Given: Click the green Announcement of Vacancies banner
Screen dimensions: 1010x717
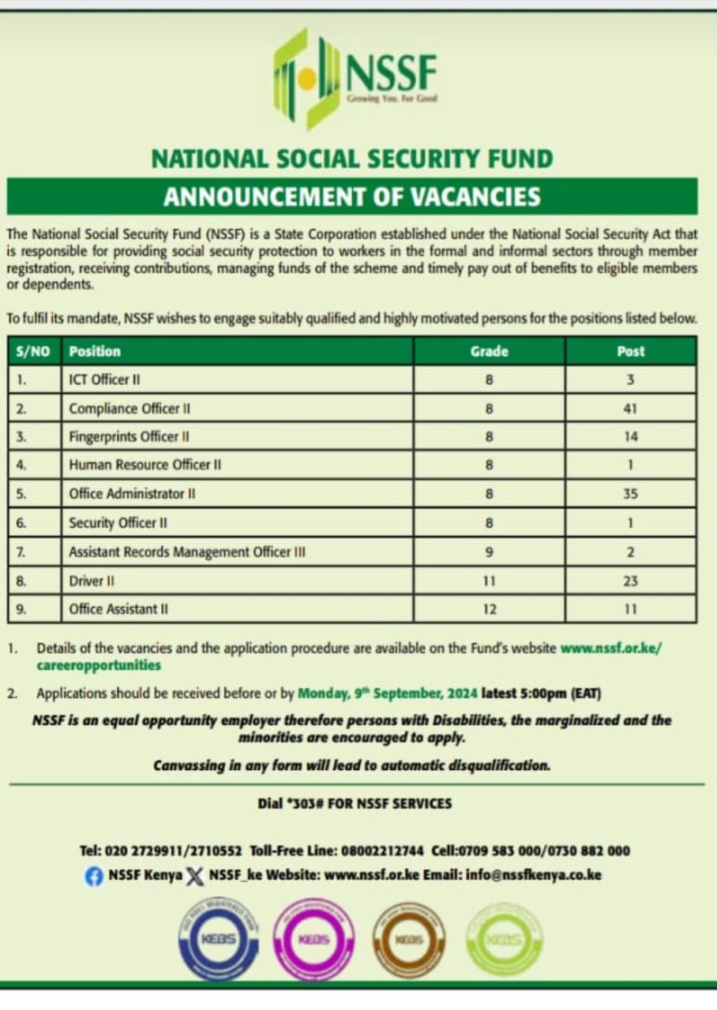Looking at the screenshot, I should tap(352, 196).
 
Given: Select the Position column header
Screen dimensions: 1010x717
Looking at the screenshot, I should tap(95, 351).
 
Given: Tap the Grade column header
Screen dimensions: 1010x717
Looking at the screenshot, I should tap(490, 351).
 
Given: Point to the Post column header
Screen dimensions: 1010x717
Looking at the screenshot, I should tap(630, 351).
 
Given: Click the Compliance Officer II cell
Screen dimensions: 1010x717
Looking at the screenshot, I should tap(130, 409).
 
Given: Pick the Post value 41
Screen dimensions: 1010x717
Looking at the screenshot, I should tap(630, 409).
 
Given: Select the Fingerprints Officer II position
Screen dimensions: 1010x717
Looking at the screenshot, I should tap(130, 436).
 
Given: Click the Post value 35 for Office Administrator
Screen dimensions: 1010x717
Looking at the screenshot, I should tap(630, 494).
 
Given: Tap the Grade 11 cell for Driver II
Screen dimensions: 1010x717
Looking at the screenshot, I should tap(490, 581).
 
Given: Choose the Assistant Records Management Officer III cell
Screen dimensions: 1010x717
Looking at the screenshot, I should tap(187, 552).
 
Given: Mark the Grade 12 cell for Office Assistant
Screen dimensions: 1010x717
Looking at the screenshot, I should tap(490, 609).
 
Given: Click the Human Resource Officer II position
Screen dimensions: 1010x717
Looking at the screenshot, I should tap(145, 465).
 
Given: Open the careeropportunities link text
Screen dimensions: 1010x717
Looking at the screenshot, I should tap(99, 665).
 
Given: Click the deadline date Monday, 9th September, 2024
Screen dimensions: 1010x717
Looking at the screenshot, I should tap(388, 694).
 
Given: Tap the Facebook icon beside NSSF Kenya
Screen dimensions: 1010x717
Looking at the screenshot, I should tap(94, 876).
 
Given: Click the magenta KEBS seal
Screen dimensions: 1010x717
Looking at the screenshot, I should tap(313, 940).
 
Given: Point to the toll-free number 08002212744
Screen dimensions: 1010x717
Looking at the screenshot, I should tap(382, 851).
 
